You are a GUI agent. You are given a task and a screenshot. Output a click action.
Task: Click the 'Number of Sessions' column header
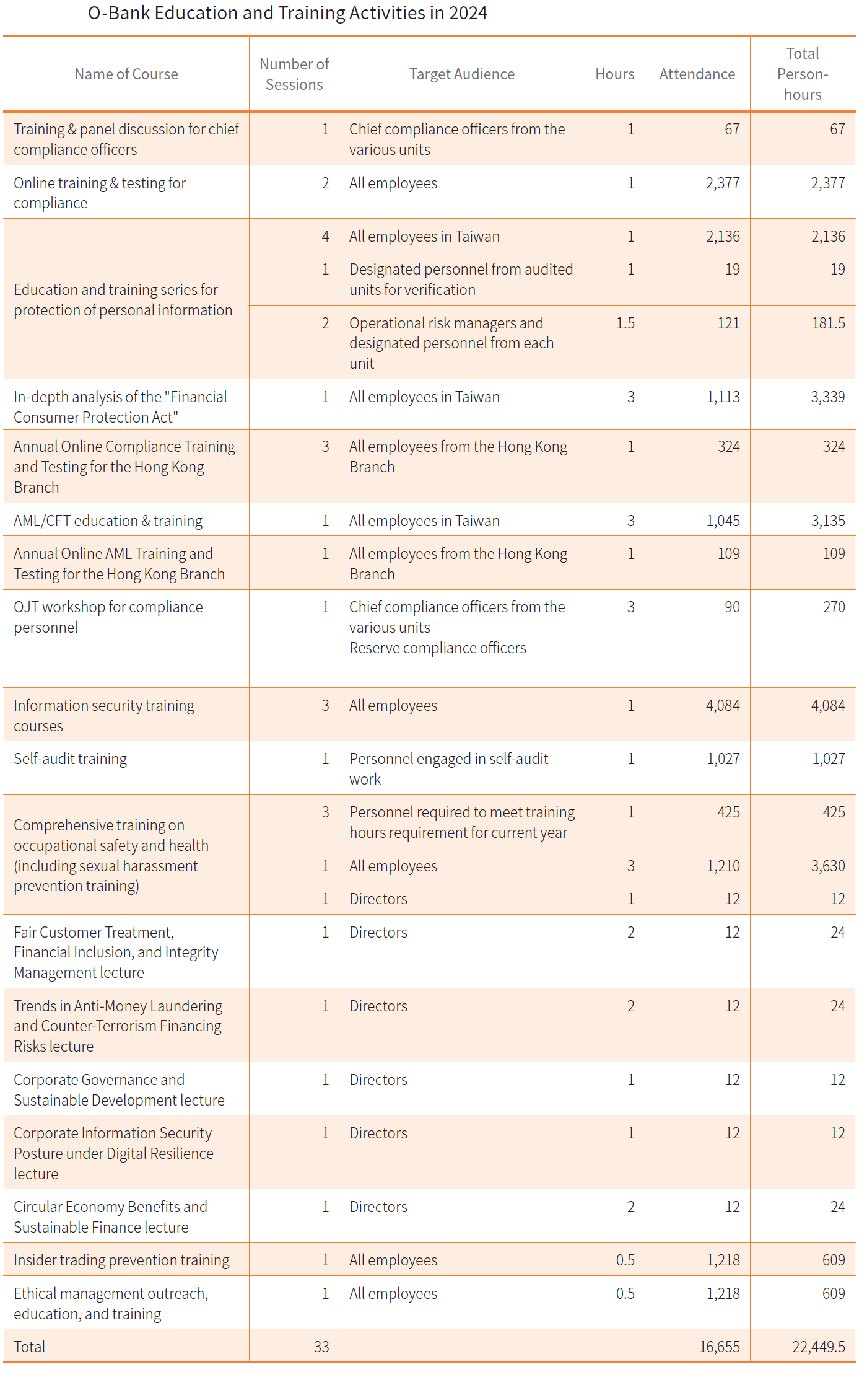[x=294, y=74]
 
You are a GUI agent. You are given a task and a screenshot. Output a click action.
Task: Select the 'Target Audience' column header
[x=461, y=74]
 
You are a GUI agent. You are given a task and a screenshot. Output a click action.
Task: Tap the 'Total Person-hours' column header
[x=803, y=74]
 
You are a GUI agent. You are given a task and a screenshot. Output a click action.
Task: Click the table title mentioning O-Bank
[x=287, y=13]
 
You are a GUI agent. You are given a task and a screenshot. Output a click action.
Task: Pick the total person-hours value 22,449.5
[x=818, y=1347]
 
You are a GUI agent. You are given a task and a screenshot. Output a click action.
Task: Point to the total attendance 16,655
[x=719, y=1347]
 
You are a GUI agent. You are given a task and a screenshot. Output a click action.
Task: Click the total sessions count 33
[x=321, y=1347]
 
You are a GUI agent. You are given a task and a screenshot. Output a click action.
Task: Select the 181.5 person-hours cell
[x=828, y=323]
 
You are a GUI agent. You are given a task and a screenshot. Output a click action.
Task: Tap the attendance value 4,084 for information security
[x=723, y=705]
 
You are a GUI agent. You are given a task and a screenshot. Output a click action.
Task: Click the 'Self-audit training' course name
[x=70, y=758]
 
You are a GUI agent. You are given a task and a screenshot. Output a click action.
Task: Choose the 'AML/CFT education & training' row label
[x=108, y=521]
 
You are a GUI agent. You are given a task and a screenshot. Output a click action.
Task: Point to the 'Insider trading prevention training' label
[x=121, y=1260]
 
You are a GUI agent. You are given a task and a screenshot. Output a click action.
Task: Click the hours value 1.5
[x=625, y=323]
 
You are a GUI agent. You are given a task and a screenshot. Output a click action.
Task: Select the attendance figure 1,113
[x=723, y=397]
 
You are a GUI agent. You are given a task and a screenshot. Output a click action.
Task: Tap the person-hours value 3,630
[x=828, y=866]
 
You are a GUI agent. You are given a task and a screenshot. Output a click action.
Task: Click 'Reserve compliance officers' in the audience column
[x=437, y=648]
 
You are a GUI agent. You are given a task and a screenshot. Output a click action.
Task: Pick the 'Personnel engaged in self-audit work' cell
[x=448, y=768]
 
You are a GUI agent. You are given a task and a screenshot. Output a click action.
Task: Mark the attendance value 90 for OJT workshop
[x=732, y=607]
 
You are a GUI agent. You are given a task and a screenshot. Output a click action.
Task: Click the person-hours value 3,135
[x=828, y=521]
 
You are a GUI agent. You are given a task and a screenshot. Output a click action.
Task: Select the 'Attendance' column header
[x=697, y=74]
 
